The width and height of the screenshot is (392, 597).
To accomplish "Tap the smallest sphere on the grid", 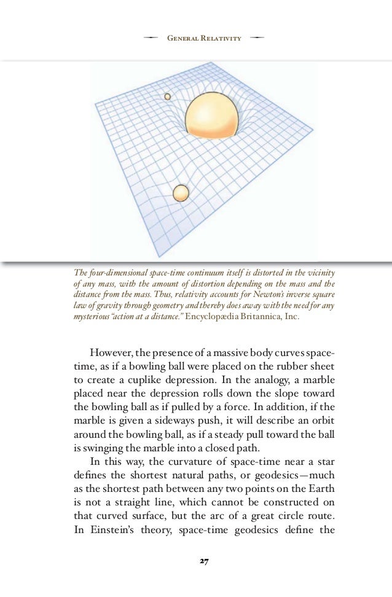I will pyautogui.click(x=167, y=97).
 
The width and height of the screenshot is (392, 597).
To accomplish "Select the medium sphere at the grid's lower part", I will pyautogui.click(x=181, y=193).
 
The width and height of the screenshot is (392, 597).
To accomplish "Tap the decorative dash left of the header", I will pyautogui.click(x=150, y=39).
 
